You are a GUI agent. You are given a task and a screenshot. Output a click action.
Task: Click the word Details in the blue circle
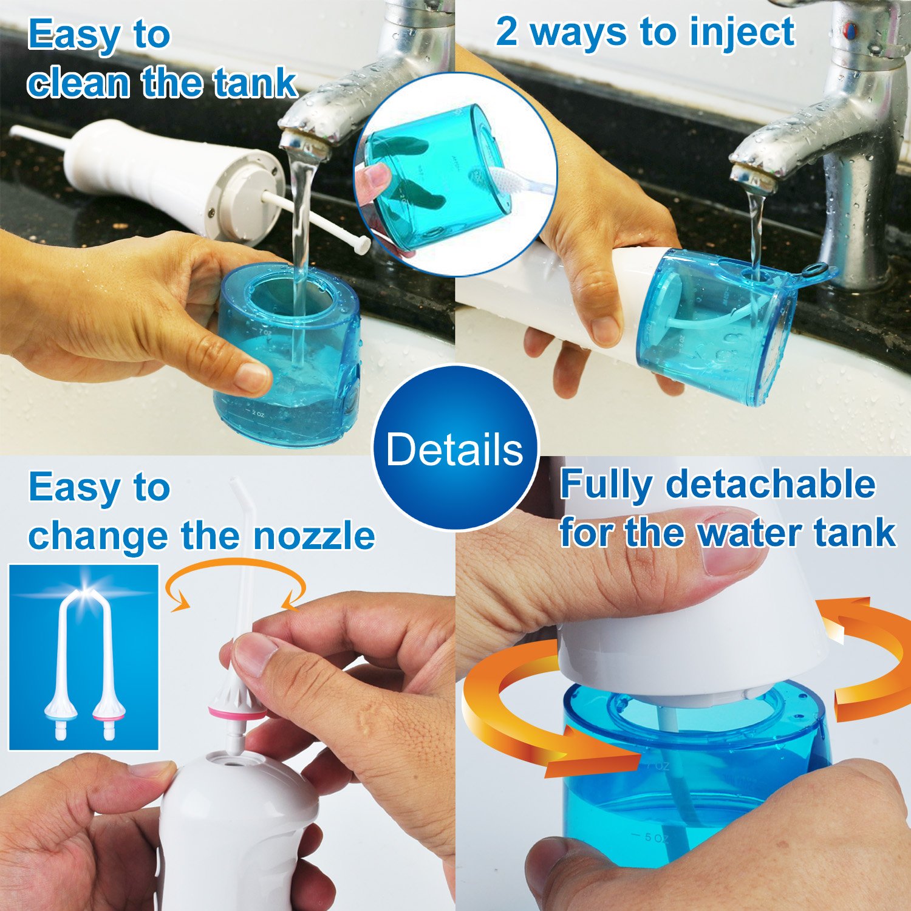454,449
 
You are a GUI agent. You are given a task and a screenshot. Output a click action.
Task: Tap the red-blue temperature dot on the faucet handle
851,28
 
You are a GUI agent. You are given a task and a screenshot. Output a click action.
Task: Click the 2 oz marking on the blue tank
258,414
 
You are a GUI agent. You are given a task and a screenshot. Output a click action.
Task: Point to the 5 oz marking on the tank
653,837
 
